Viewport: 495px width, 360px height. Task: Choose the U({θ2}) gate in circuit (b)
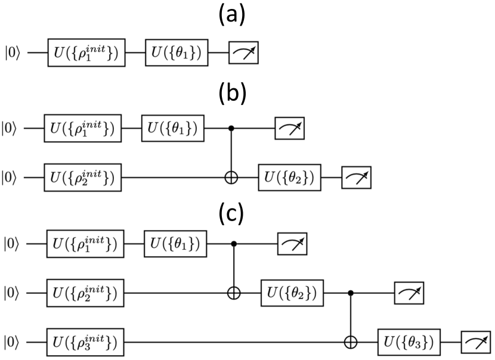[289, 176]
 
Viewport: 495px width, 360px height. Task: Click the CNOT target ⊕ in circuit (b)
[232, 176]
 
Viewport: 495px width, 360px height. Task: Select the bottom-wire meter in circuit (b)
[356, 176]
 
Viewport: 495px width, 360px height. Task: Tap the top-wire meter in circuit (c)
[292, 244]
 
